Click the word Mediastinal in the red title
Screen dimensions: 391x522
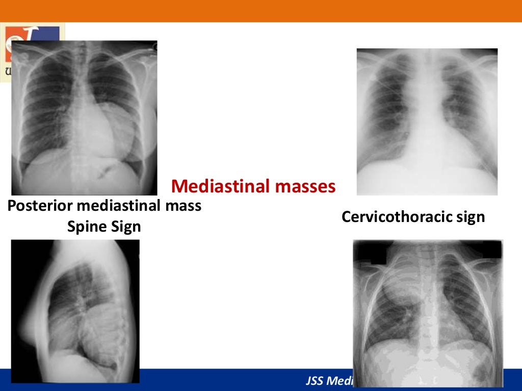pos(221,186)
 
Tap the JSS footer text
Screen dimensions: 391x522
pos(331,381)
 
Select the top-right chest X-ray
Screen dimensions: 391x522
pos(427,122)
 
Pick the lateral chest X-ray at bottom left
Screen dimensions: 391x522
pos(75,311)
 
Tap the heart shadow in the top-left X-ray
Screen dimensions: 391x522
pos(110,127)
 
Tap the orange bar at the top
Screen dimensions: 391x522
pos(261,11)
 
